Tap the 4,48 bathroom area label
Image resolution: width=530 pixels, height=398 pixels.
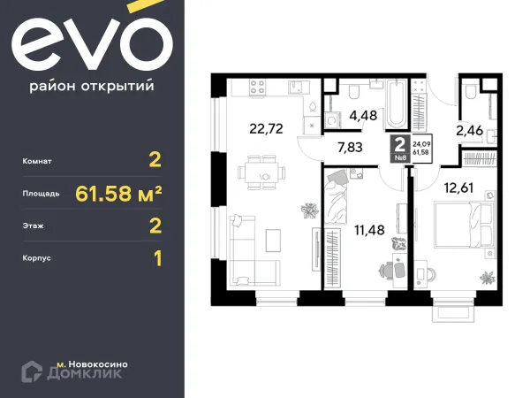[364, 113]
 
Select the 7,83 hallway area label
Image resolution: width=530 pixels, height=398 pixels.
[351, 148]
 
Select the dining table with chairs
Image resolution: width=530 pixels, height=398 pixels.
[263, 168]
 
